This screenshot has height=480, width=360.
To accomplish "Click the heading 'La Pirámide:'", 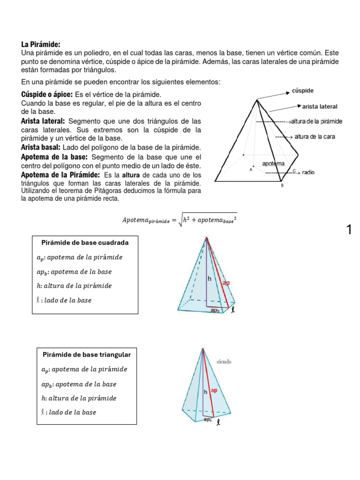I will (41, 44).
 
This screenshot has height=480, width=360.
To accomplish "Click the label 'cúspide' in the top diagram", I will (303, 90).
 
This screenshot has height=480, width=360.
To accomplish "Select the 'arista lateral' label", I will (320, 106).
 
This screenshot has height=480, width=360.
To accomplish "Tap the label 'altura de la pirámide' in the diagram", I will (316, 121).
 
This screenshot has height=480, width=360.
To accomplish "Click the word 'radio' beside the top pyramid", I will (308, 172).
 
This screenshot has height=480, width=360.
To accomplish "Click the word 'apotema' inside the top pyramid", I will (273, 164).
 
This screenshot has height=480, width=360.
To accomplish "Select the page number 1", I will (349, 230).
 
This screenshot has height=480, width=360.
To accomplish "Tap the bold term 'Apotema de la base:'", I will (55, 157).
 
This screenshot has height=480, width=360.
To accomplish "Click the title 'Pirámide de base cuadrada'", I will (85, 243).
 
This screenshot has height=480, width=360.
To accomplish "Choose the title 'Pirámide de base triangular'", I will (87, 354).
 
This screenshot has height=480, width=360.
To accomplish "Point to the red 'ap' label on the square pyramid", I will (226, 283).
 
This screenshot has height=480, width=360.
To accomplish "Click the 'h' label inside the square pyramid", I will (210, 278).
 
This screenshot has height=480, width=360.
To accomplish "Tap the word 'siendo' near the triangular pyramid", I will (224, 362).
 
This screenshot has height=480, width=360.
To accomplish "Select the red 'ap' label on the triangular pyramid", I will (214, 390).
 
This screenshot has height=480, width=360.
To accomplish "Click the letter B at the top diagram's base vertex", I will (282, 186).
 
